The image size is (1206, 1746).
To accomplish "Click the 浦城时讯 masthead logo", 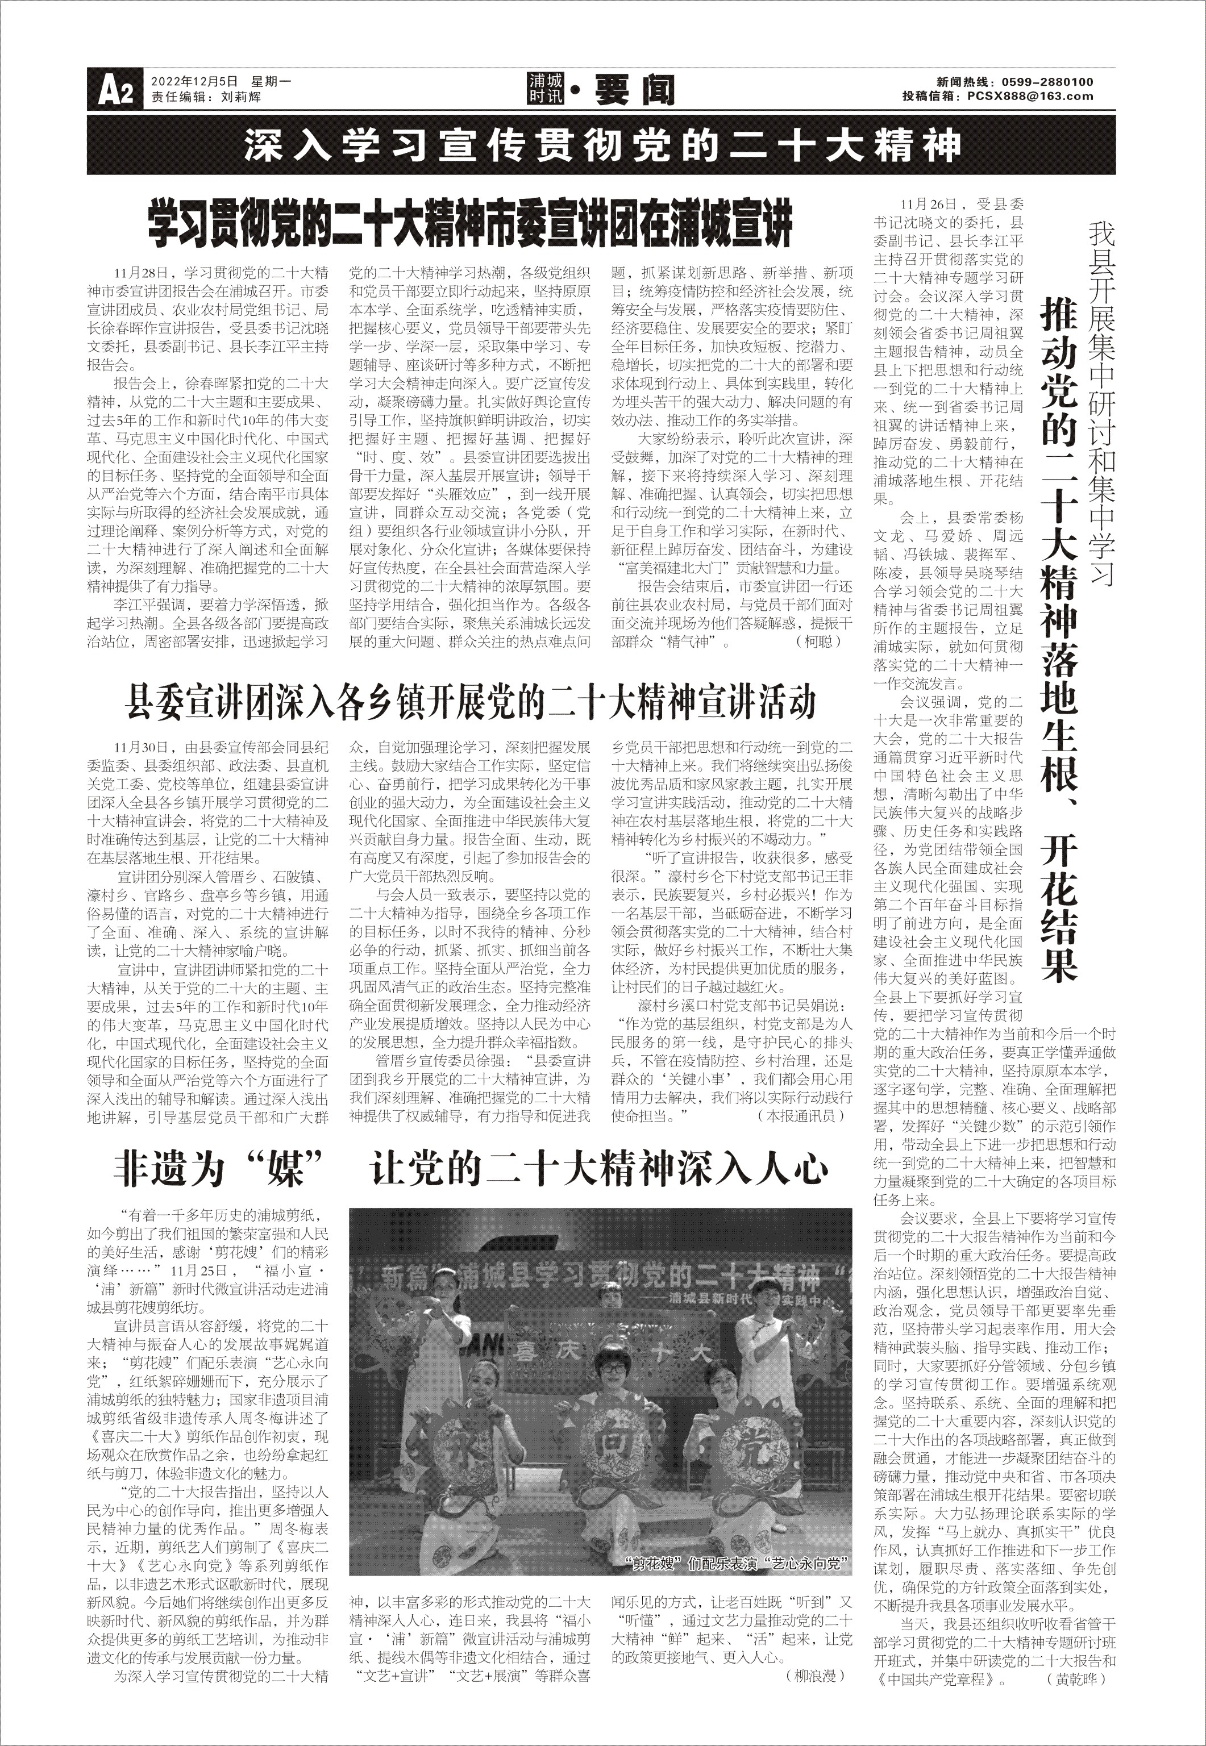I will pos(546,89).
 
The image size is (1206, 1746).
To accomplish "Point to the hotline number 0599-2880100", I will pos(1047,82).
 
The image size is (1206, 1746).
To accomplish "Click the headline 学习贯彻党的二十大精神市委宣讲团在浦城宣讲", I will pos(469,223).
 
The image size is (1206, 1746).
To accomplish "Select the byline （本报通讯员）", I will pos(805,1115).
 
